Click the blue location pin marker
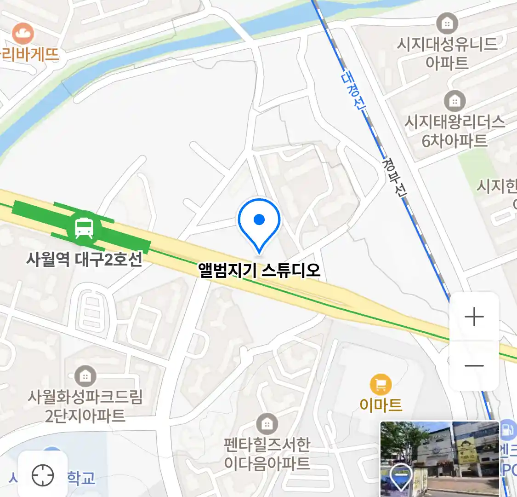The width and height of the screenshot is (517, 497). point(259,224)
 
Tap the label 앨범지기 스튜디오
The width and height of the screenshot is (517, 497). point(259,270)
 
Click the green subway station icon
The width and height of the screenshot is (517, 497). point(84,227)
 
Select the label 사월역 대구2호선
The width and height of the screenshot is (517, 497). point(84,260)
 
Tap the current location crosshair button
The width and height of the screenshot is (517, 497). point(43,475)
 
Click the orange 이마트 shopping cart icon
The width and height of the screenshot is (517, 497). point(381,385)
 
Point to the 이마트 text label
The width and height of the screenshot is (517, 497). point(381,405)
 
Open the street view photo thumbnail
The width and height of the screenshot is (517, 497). point(440,459)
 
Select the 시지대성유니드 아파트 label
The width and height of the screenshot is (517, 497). point(447,53)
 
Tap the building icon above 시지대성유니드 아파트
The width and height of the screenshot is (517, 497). point(447,23)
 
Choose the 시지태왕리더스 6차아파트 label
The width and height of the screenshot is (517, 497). point(455,131)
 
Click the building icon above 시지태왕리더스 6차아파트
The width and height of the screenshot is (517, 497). point(455,100)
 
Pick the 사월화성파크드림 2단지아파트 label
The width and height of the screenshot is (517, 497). point(85,406)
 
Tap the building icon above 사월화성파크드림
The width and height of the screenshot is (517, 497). point(85,376)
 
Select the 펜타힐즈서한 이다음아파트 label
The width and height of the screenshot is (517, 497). point(267,454)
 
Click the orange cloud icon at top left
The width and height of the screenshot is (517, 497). point(23,34)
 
